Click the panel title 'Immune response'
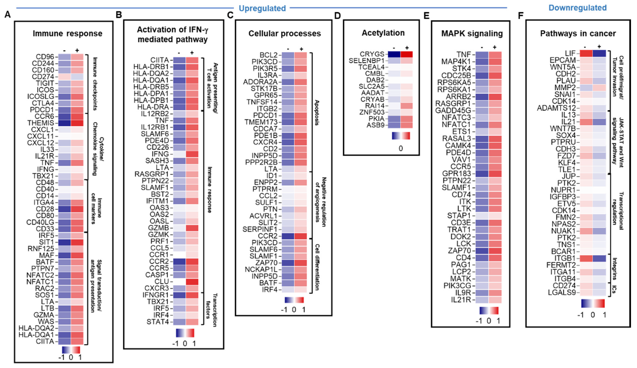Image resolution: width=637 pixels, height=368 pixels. pos(67,34)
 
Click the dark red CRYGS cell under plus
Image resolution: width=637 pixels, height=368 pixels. pos(406,54)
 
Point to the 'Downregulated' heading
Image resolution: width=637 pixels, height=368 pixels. pos(577,8)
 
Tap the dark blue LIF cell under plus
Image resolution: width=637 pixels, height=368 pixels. pos(599,54)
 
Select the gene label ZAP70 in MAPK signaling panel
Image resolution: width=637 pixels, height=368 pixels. pos(459,251)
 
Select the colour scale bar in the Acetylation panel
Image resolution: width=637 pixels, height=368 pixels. pos(401,136)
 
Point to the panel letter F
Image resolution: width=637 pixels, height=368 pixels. pos(520,16)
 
